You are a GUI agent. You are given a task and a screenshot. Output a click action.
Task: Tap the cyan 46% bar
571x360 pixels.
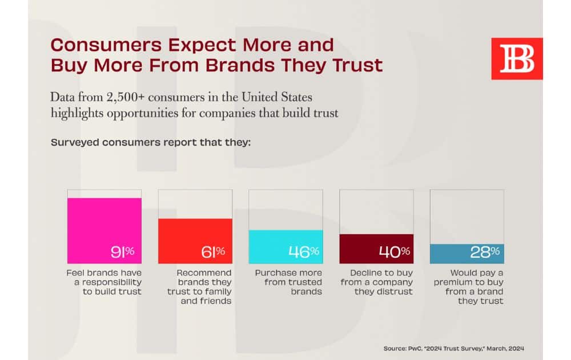coord(285,246)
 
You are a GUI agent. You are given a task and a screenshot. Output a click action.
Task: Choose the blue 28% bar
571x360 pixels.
coord(467,253)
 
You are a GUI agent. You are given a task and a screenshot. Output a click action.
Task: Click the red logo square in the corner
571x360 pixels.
coord(517,59)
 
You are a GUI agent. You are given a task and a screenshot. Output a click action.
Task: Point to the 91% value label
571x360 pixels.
coord(123,251)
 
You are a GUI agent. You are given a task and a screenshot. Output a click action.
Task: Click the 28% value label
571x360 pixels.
coord(485,251)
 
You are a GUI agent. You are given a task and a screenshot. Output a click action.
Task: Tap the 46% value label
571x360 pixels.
coord(304,251)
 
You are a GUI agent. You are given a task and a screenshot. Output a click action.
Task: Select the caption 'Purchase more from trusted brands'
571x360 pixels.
coord(288,282)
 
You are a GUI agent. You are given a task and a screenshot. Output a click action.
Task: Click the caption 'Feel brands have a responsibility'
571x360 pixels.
coord(104,282)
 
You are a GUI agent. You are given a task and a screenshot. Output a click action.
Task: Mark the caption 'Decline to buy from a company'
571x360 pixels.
coord(376,282)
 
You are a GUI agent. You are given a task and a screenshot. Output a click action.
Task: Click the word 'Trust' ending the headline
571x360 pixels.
coord(357,65)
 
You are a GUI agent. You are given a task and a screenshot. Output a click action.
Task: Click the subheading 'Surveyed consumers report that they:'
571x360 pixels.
coord(151,142)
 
